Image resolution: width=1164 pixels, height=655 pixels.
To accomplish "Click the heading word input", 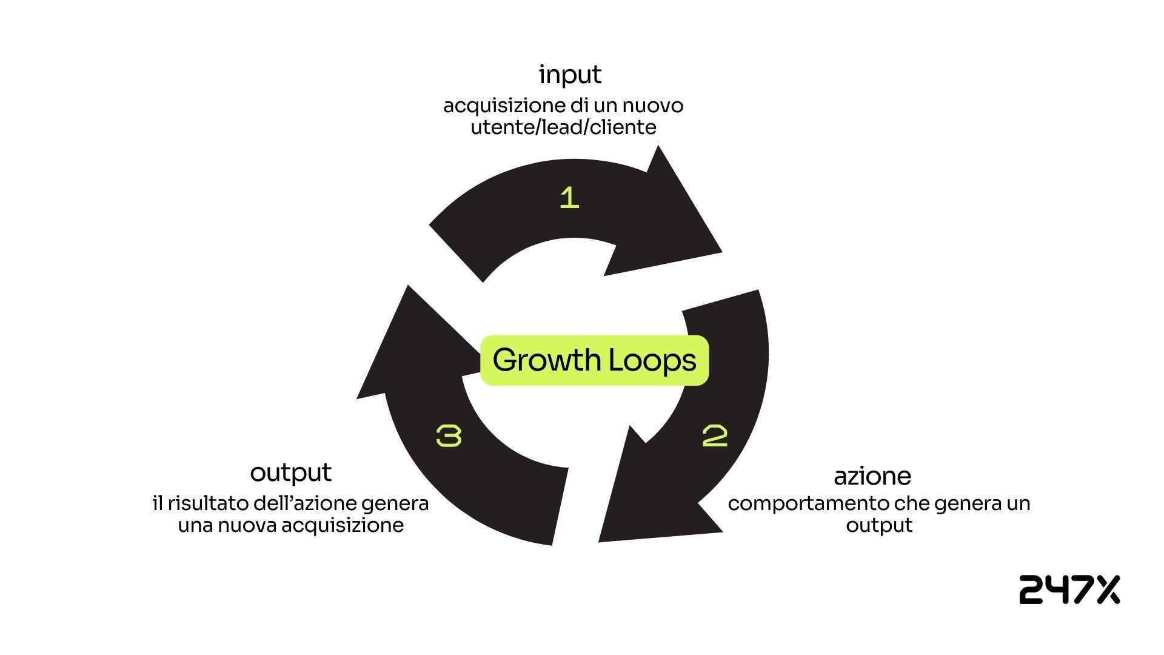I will pyautogui.click(x=570, y=75).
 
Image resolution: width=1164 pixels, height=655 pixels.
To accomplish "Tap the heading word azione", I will pyautogui.click(x=872, y=476).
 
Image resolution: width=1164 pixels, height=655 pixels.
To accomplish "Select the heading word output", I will pyautogui.click(x=291, y=472).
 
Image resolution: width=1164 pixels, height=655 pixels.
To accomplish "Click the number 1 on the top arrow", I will pyautogui.click(x=569, y=198).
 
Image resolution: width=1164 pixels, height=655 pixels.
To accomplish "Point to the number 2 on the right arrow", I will pyautogui.click(x=715, y=436).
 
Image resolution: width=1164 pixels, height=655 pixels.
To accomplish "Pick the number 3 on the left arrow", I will pyautogui.click(x=449, y=436).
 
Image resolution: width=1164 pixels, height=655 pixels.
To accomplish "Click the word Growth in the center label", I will pyautogui.click(x=546, y=360).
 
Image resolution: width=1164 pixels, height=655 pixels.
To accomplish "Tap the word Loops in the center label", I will pyautogui.click(x=652, y=360).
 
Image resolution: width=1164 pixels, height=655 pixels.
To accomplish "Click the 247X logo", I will pyautogui.click(x=1069, y=589).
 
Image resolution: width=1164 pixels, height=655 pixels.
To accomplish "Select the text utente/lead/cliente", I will pyautogui.click(x=563, y=127).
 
